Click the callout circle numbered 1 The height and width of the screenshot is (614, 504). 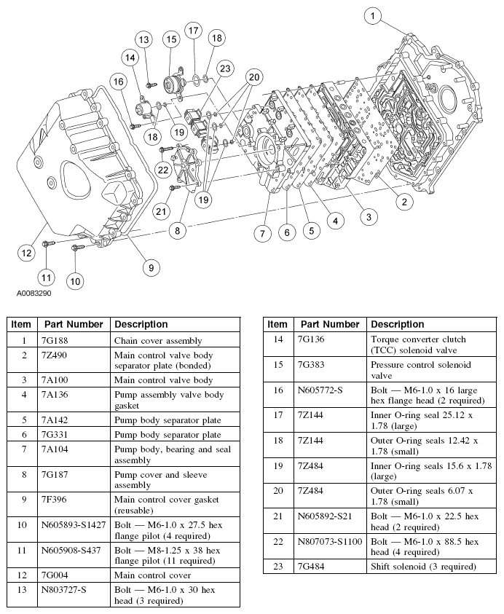372,15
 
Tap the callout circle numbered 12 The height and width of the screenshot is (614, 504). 27,253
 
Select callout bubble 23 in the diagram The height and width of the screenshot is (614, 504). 224,68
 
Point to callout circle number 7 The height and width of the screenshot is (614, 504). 262,233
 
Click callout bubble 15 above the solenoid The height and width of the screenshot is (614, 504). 170,39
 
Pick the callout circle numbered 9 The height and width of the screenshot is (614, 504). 151,267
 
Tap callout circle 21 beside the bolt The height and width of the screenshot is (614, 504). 161,211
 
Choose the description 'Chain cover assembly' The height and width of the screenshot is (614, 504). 158,341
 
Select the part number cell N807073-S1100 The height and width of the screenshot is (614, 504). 329,541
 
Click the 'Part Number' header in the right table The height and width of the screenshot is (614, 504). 330,324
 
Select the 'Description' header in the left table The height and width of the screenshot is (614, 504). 141,324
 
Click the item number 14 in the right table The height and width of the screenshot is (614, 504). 277,339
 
